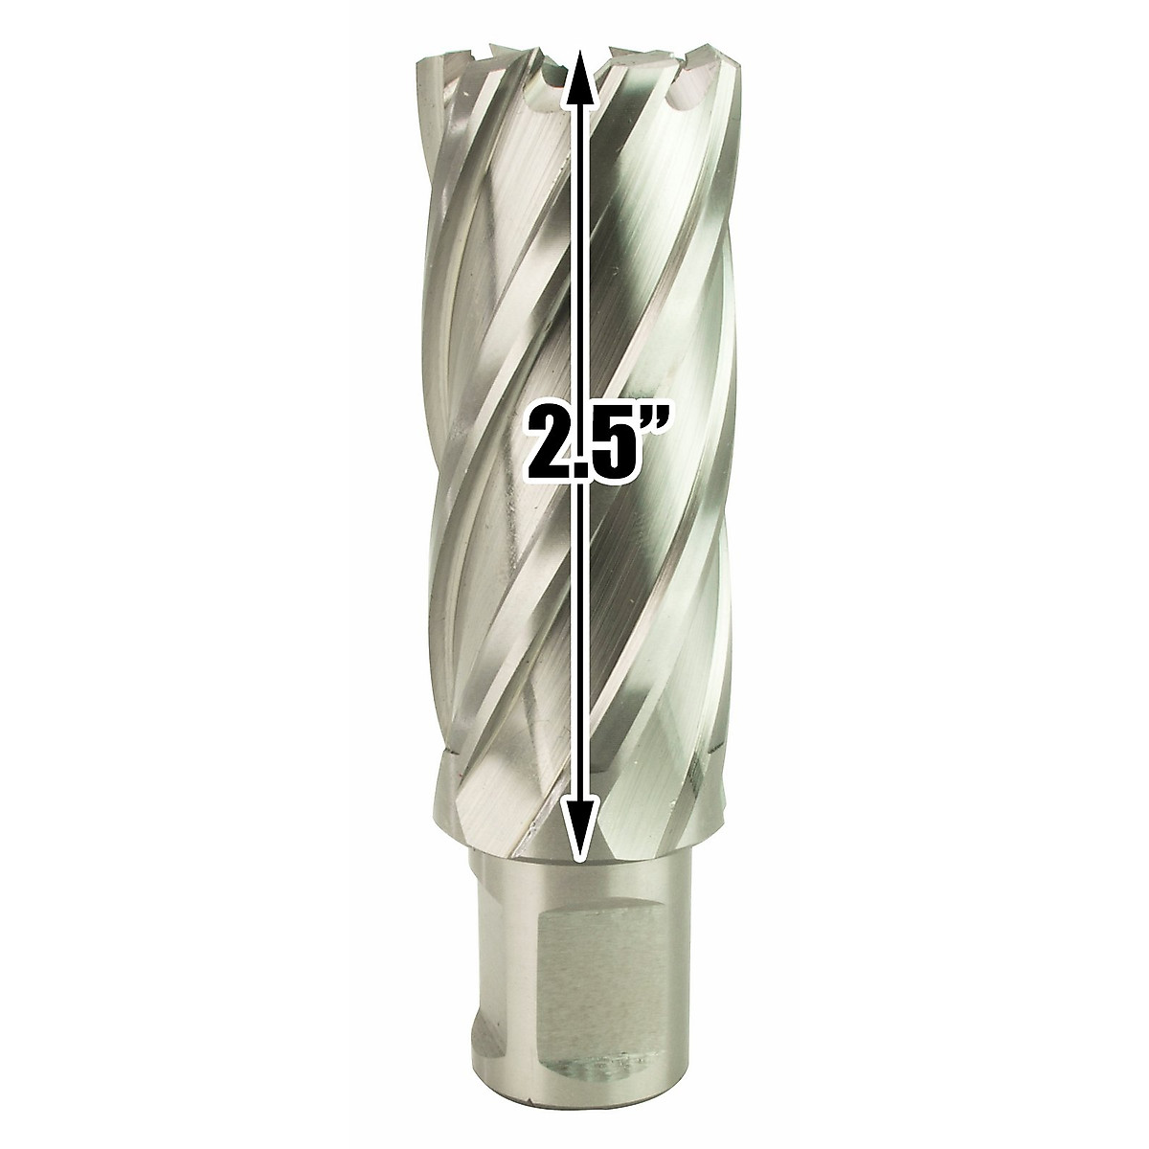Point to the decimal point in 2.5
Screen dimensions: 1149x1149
point(572,465)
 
